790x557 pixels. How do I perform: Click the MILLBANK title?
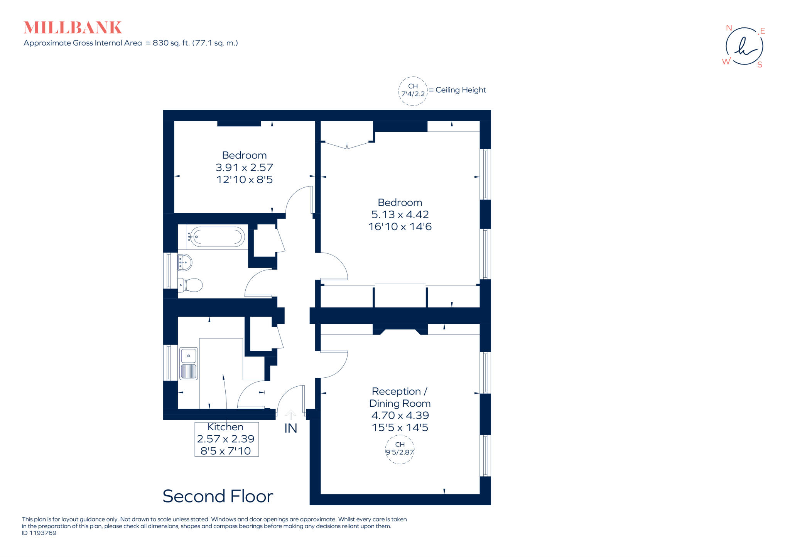click(x=73, y=28)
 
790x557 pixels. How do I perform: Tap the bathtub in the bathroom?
click(x=217, y=237)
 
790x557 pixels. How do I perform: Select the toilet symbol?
click(x=191, y=285)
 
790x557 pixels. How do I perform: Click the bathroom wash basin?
click(x=185, y=263)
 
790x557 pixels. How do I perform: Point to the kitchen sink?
click(x=189, y=356)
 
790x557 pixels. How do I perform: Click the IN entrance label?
click(x=290, y=428)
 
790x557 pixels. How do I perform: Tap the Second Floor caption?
click(x=218, y=496)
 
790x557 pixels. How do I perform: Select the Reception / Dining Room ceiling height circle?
click(x=400, y=449)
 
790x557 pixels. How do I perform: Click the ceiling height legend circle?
click(x=413, y=91)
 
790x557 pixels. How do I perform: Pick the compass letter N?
click(x=729, y=28)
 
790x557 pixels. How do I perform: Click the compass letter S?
click(x=760, y=65)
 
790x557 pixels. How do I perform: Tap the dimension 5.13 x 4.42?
click(x=400, y=214)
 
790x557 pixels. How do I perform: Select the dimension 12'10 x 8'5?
click(x=244, y=180)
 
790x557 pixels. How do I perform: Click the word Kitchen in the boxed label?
click(x=225, y=427)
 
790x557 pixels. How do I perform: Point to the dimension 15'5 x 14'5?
click(x=400, y=428)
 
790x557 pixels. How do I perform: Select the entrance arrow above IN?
click(x=290, y=415)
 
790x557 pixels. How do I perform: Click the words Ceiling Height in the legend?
click(x=461, y=90)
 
